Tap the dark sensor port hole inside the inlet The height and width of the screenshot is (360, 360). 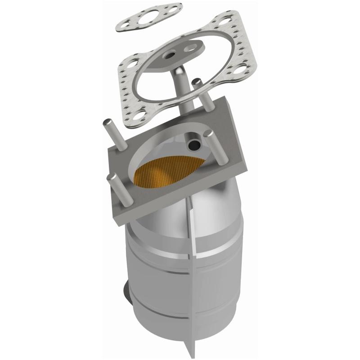tap(194, 145)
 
